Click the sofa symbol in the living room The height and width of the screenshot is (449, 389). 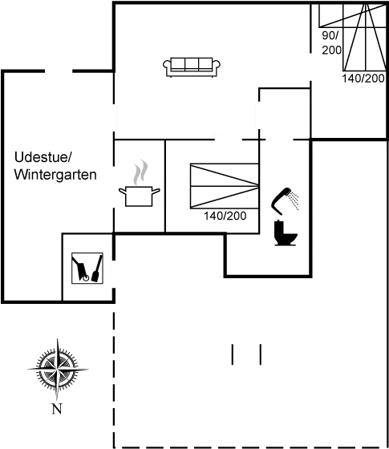pyautogui.click(x=192, y=67)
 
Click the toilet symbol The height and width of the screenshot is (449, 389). pyautogui.click(x=286, y=233)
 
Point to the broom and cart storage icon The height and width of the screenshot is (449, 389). pyautogui.click(x=87, y=268)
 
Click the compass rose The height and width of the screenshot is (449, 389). pyautogui.click(x=58, y=369)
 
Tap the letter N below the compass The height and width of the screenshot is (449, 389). pyautogui.click(x=57, y=409)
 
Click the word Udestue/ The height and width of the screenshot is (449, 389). pyautogui.click(x=43, y=157)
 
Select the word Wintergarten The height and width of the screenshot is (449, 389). pyautogui.click(x=55, y=175)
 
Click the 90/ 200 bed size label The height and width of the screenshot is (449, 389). pyautogui.click(x=332, y=42)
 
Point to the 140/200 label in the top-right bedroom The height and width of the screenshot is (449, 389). pyautogui.click(x=363, y=78)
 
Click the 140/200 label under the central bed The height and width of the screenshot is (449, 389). pyautogui.click(x=225, y=216)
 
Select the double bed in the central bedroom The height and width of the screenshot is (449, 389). pyautogui.click(x=225, y=186)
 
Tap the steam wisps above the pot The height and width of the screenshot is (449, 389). pyautogui.click(x=140, y=172)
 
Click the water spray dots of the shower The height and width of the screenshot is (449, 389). pyautogui.click(x=294, y=201)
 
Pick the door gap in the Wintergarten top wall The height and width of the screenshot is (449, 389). pyautogui.click(x=59, y=71)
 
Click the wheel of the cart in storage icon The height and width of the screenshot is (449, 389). pyautogui.click(x=85, y=277)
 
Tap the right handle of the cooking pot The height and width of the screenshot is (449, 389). pyautogui.click(x=156, y=191)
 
